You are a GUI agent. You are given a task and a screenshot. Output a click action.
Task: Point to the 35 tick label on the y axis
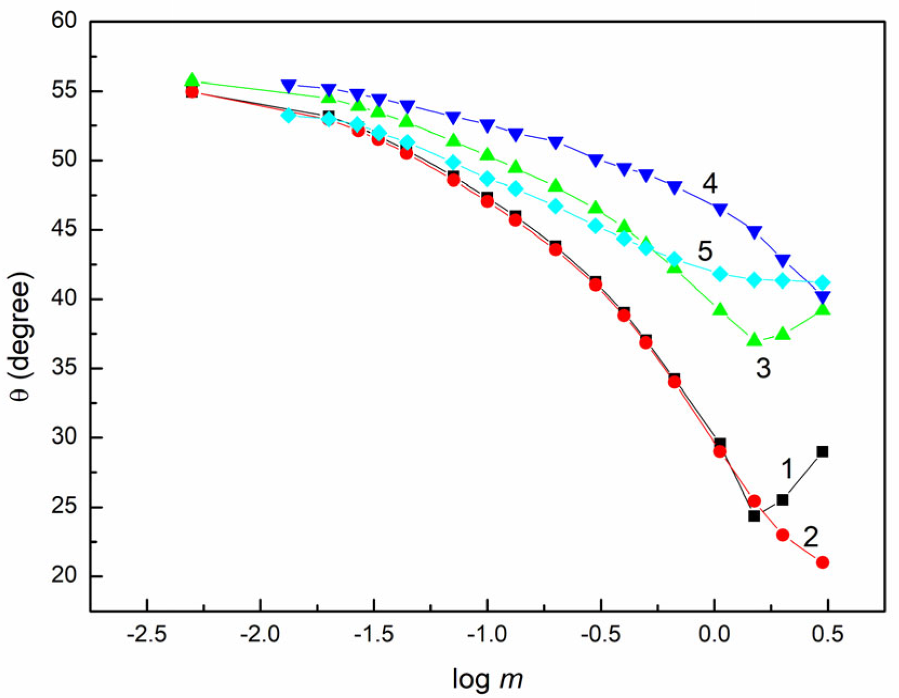click(64, 368)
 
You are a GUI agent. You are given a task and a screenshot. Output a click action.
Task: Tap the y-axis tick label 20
click(64, 576)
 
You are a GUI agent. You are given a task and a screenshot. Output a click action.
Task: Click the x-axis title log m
click(487, 679)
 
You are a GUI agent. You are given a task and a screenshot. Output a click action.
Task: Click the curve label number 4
click(710, 184)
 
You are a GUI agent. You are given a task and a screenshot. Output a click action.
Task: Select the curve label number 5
click(705, 252)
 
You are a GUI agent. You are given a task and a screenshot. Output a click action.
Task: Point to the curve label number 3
click(763, 369)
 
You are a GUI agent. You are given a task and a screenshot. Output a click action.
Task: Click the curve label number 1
click(788, 468)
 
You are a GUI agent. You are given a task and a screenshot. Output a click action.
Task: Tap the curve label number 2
click(810, 537)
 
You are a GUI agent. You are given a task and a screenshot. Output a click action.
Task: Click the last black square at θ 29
click(822, 451)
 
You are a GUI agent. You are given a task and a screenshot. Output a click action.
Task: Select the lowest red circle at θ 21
click(822, 563)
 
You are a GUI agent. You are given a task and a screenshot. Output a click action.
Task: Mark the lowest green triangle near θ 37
click(754, 340)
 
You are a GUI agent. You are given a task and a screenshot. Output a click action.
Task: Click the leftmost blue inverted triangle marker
click(289, 86)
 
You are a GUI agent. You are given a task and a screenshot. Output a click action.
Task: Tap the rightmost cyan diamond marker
click(822, 282)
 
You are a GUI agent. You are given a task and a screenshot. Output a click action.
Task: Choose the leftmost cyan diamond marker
click(289, 115)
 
